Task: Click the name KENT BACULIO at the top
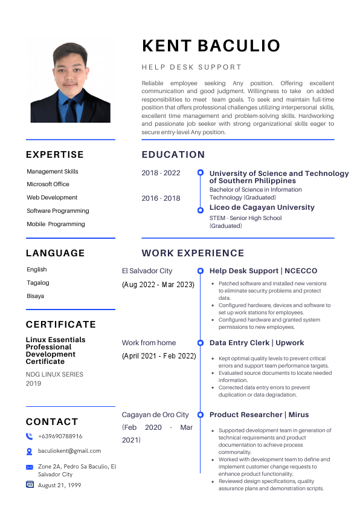pos(211,46)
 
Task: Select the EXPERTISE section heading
pos(55,155)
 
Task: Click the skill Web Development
pos(52,198)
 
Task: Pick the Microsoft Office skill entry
pos(48,184)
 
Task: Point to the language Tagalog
pos(38,283)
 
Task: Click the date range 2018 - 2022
pos(161,173)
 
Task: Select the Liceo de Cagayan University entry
pos(262,207)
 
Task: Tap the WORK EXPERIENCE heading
pos(193,253)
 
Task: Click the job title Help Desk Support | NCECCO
pos(263,271)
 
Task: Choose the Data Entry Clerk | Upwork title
pos(257,343)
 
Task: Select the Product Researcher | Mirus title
pos(259,415)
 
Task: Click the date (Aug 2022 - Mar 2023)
pos(158,284)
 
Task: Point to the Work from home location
pos(149,343)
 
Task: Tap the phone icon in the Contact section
pos(30,436)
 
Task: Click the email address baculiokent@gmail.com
pos(69,451)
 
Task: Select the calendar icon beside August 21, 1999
pos(30,484)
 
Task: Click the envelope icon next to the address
pos(30,467)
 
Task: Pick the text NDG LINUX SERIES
pos(54,375)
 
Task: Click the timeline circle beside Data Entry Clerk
pos(201,343)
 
